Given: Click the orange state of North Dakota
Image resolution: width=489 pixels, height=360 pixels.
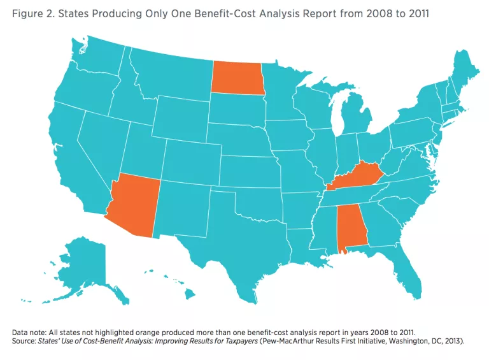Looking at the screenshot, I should [236, 77].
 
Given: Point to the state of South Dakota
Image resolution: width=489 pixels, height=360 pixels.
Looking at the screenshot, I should [236, 109].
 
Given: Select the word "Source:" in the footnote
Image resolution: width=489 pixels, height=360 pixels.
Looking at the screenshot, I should [26, 342].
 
